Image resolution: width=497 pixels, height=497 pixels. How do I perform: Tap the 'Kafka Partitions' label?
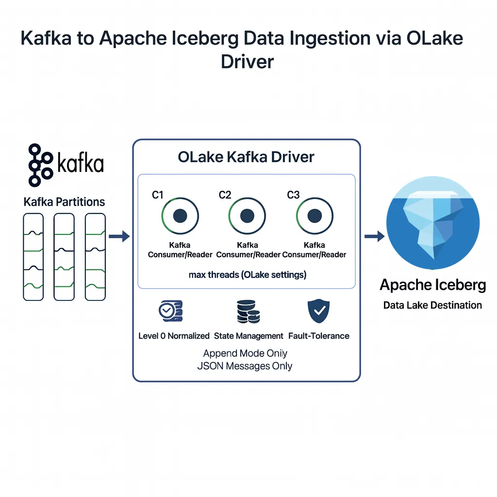pyautogui.click(x=64, y=202)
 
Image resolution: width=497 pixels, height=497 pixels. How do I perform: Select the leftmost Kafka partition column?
pyautogui.click(x=33, y=257)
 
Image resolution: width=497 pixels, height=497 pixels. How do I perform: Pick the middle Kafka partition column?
pyautogui.click(x=64, y=257)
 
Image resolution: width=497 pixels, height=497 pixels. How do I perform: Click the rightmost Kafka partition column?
pyautogui.click(x=95, y=257)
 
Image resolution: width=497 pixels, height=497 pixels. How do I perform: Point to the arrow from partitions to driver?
pyautogui.click(x=119, y=237)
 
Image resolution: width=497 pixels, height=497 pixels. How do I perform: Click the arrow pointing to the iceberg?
pyautogui.click(x=374, y=237)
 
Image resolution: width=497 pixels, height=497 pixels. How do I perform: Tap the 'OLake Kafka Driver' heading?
pyautogui.click(x=246, y=157)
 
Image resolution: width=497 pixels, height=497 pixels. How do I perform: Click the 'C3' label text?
pyautogui.click(x=293, y=195)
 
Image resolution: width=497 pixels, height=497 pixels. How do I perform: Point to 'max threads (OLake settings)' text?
pyautogui.click(x=248, y=275)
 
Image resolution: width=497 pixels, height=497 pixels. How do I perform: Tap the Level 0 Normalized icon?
pyautogui.click(x=171, y=311)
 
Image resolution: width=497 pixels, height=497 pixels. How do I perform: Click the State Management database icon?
pyautogui.click(x=248, y=311)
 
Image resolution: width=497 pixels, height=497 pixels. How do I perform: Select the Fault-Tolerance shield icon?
pyautogui.click(x=318, y=311)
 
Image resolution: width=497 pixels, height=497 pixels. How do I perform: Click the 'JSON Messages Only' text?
pyautogui.click(x=245, y=365)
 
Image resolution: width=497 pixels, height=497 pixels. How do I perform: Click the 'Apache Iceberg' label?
pyautogui.click(x=432, y=285)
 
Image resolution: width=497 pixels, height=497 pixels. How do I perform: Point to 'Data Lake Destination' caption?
pyautogui.click(x=432, y=305)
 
